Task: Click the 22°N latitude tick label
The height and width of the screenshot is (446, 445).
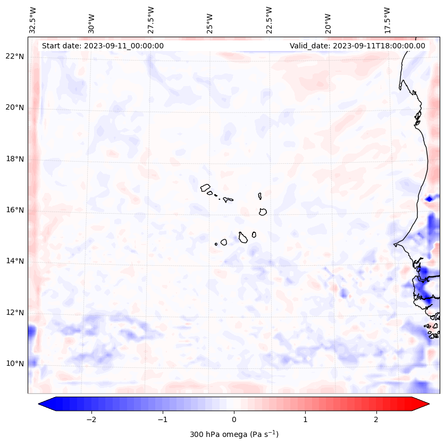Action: click(x=15, y=56)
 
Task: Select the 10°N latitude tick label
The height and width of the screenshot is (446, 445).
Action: click(x=15, y=364)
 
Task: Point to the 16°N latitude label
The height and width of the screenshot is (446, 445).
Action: click(x=15, y=210)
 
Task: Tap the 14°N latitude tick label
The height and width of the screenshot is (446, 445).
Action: click(x=15, y=261)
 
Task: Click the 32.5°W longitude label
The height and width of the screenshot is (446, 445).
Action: click(x=33, y=20)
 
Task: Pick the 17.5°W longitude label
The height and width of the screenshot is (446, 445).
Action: click(x=387, y=20)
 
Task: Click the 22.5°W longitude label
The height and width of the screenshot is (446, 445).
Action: click(x=268, y=20)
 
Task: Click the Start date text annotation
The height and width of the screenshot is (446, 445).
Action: click(x=103, y=46)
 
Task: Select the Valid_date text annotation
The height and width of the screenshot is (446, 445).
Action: click(x=357, y=46)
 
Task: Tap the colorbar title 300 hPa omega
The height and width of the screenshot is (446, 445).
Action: click(x=234, y=434)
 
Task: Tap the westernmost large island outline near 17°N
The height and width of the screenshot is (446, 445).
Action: click(x=205, y=187)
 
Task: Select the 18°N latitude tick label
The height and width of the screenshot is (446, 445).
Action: click(x=15, y=159)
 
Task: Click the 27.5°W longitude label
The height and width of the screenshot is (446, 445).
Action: click(x=151, y=20)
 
